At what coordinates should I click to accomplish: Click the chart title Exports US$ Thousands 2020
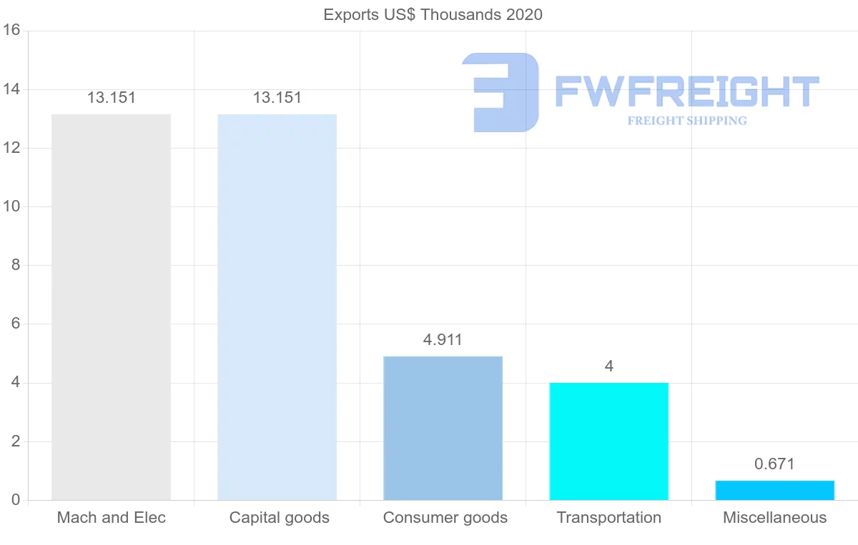[x=433, y=14]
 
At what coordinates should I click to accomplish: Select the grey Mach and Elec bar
[x=111, y=307]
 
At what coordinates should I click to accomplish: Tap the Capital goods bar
[x=277, y=307]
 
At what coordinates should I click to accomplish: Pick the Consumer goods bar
[x=443, y=428]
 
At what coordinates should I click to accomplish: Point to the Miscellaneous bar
[x=774, y=491]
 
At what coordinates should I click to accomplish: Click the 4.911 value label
[x=443, y=340]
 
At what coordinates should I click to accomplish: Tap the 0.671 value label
[x=774, y=464]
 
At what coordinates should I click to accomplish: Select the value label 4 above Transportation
[x=608, y=366]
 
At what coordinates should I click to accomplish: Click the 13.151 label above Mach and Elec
[x=111, y=98]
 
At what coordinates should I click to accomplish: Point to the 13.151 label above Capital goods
[x=277, y=98]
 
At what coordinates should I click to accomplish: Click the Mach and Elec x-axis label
[x=111, y=518]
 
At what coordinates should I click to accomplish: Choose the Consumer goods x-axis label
[x=445, y=518]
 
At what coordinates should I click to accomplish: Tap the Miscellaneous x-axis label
[x=774, y=518]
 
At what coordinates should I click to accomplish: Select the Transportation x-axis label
[x=608, y=518]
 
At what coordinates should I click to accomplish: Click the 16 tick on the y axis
[x=11, y=30]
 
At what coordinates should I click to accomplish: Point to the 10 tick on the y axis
[x=11, y=206]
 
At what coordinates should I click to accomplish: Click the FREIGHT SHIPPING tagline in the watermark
[x=687, y=121]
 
